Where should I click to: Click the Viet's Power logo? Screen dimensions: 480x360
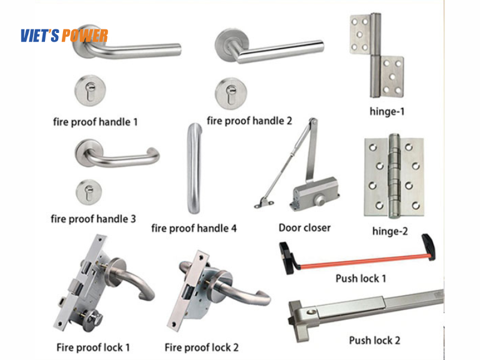pos(64,35)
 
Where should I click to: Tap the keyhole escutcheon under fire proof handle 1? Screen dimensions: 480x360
pos(91,91)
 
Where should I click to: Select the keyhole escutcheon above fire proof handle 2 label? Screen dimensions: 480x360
pos(231,94)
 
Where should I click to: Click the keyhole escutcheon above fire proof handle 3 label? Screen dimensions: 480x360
pos(89,192)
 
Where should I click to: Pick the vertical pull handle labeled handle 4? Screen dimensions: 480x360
pos(194,169)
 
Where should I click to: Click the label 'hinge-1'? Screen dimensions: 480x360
pos(387,112)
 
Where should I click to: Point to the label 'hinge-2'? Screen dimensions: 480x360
pos(390,231)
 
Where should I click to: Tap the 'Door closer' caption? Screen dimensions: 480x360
pos(305,228)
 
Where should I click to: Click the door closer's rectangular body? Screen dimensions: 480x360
pos(316,193)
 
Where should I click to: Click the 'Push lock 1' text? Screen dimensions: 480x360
pos(361,278)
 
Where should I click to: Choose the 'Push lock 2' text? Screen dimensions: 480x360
pos(374,340)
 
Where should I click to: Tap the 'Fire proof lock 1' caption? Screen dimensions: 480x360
pos(93,347)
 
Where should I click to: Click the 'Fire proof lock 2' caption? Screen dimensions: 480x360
pos(202,347)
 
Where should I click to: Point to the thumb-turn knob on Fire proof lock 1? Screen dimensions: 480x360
pos(93,320)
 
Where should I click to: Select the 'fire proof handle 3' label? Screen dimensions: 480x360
pos(93,219)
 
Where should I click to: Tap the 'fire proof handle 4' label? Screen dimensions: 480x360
pos(194,229)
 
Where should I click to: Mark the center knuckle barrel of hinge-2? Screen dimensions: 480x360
pos(394,176)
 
